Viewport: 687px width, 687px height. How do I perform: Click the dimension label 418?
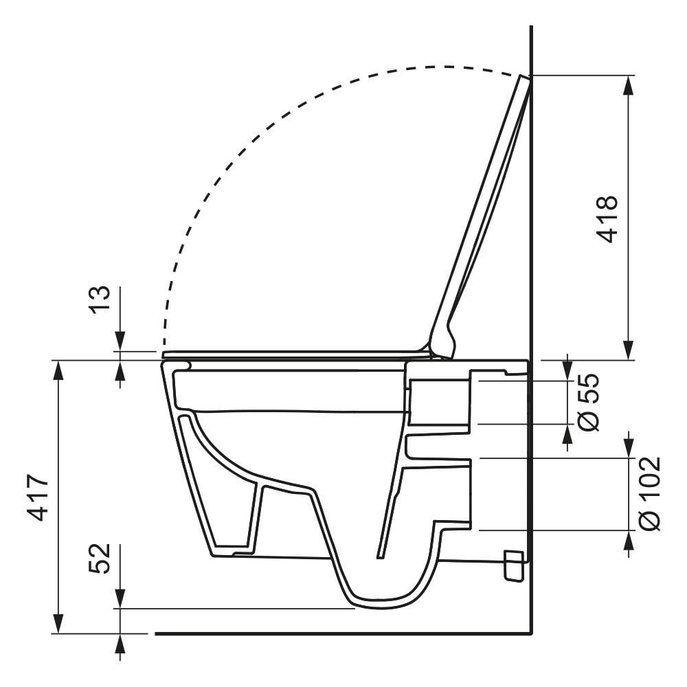607,218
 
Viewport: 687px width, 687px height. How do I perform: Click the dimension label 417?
38,497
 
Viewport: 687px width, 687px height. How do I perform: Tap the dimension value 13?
100,299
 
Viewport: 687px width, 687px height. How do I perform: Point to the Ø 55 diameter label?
588,402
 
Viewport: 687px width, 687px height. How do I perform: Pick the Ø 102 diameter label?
649,494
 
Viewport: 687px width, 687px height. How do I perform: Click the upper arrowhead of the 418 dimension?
629,85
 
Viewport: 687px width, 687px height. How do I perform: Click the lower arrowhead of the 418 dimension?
629,350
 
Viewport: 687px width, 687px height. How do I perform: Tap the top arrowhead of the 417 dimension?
58,370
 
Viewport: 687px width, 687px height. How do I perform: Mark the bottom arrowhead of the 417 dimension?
58,623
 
